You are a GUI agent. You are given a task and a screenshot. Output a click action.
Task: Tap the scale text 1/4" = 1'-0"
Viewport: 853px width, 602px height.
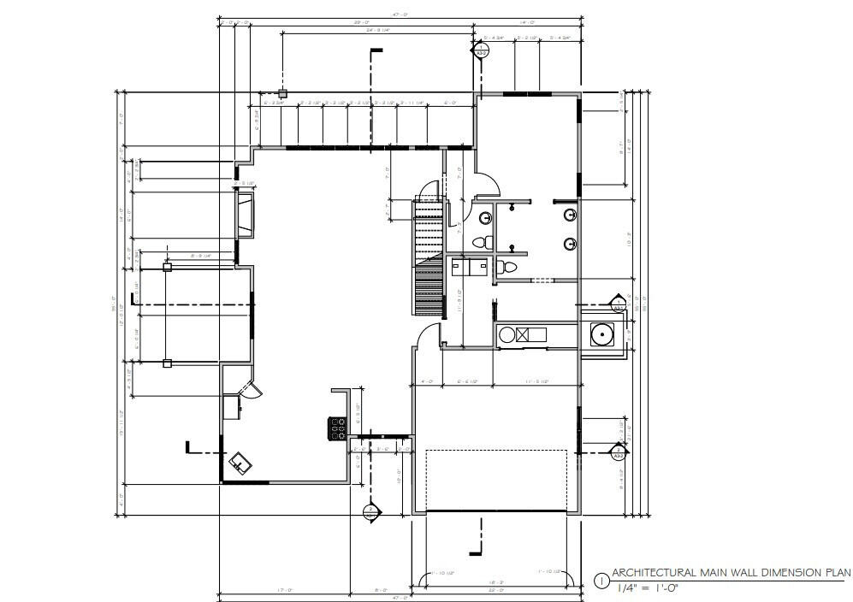[653, 587]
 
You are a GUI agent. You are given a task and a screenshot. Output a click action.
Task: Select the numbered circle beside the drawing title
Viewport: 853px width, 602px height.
[601, 580]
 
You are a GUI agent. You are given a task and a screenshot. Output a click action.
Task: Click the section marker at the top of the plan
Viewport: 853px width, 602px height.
[481, 50]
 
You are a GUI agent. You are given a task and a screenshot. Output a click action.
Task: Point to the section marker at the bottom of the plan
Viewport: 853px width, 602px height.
[370, 512]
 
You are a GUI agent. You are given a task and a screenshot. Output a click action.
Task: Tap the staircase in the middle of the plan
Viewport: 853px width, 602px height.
[428, 257]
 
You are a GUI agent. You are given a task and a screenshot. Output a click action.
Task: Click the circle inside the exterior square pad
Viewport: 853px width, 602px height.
[603, 334]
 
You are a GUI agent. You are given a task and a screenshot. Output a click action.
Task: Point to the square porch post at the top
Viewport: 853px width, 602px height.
[281, 93]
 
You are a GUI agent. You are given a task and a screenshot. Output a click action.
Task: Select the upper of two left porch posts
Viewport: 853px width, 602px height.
[168, 268]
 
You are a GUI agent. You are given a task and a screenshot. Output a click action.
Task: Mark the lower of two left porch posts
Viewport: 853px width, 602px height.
[168, 363]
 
